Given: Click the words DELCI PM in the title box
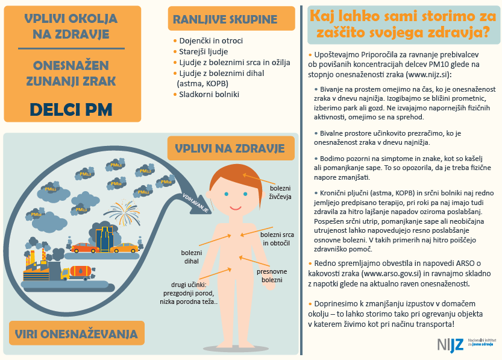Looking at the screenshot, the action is pos(71,110).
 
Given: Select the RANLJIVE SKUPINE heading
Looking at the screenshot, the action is pos(225,19).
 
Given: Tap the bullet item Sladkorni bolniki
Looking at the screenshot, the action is pos(209,95).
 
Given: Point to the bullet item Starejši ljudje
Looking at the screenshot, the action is pos(204,52).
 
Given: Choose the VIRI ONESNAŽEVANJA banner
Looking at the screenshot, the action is pos(77,334).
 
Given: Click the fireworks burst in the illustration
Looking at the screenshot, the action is pos(122,213).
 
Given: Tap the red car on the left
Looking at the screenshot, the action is pos(85,248).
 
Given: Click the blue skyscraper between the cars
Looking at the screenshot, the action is pos(104,238).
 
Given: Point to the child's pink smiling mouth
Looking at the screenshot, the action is pos(235,208).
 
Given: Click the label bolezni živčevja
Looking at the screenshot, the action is pos(280,192).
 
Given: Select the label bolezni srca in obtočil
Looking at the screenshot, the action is pos(277,239).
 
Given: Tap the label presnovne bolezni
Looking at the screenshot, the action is pos(272,276).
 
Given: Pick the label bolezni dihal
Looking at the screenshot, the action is pos(192,257).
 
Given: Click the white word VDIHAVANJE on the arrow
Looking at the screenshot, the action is pos(196,203).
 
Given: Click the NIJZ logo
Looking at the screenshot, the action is pos(450,345).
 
